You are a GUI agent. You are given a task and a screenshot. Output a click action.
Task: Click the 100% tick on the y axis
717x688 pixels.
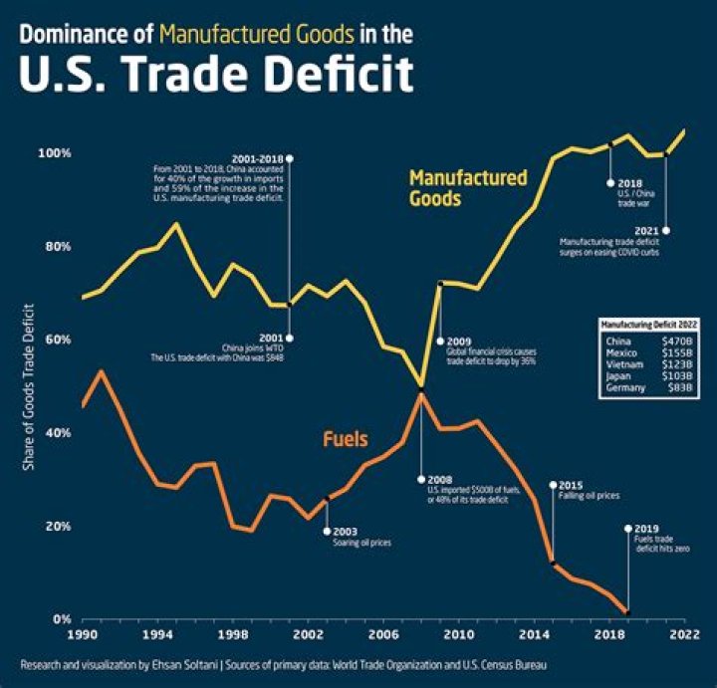(x=56, y=153)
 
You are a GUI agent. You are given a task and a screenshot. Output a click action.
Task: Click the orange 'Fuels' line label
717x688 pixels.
(x=346, y=438)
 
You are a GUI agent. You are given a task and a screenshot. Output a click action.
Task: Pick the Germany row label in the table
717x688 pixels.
(x=624, y=388)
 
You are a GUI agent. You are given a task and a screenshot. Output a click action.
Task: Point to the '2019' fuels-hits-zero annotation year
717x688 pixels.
(x=647, y=529)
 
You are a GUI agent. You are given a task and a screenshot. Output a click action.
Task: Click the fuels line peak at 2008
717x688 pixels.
(x=421, y=393)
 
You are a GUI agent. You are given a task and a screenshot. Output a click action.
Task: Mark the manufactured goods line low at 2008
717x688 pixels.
(x=421, y=384)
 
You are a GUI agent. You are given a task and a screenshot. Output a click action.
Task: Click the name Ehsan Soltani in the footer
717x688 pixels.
(x=212, y=663)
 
